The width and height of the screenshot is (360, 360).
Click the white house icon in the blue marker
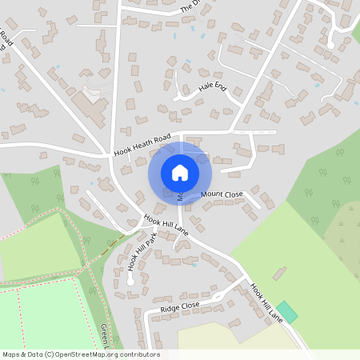tap(180, 172)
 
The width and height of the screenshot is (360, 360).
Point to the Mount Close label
tap(222, 194)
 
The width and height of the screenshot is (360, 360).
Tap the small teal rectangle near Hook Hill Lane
tap(287, 312)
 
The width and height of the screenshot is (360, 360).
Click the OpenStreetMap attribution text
tap(80, 354)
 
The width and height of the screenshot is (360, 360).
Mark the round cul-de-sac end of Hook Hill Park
tap(130, 282)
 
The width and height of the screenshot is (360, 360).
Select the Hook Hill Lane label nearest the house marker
tap(166, 224)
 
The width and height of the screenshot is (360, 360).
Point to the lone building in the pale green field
tap(279, 273)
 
